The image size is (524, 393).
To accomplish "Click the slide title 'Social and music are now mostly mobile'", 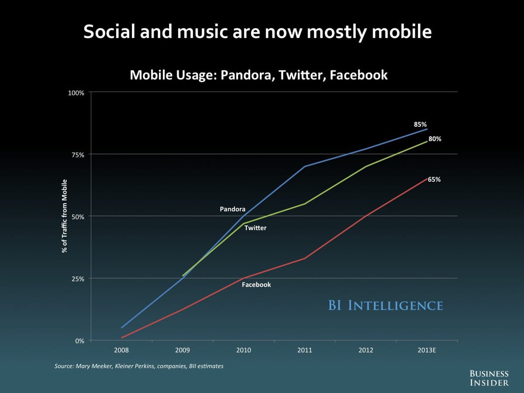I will (x=257, y=32).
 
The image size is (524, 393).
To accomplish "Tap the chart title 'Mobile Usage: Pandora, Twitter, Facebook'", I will (x=259, y=75).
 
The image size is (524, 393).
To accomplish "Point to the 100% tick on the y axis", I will (x=76, y=93).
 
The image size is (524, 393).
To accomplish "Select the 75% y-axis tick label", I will (x=77, y=155).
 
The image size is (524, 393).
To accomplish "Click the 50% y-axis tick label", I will (x=77, y=217).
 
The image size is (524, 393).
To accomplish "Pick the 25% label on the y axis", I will (x=77, y=279).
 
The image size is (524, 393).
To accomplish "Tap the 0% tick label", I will (x=79, y=341).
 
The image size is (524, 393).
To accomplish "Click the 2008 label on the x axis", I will (x=121, y=350).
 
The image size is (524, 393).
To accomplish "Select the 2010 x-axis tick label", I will (x=243, y=350).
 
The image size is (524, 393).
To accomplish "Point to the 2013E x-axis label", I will (x=427, y=350).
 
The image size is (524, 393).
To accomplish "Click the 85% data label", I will (x=420, y=125).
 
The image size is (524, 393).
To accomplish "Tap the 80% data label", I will (x=435, y=139).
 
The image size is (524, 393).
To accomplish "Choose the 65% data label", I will (x=434, y=180).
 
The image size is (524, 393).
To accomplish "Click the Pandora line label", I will (x=232, y=209).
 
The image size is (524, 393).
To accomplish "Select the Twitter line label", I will (x=255, y=228).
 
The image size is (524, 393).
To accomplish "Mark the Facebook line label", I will (x=256, y=285).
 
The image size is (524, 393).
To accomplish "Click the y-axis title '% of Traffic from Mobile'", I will (x=65, y=216).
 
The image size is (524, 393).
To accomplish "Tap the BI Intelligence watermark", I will (x=385, y=306).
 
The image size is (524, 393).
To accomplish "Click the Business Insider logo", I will (x=489, y=378).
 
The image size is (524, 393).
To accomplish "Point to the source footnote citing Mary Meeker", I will (x=139, y=366).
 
